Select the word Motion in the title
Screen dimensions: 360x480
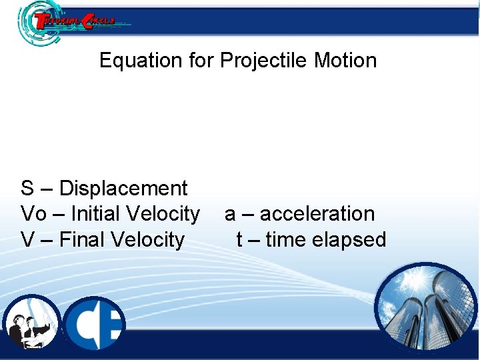pyautogui.click(x=345, y=61)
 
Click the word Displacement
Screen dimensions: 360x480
pyautogui.click(x=123, y=189)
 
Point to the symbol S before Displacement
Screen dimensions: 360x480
pyautogui.click(x=27, y=189)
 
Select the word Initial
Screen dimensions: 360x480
pyautogui.click(x=93, y=214)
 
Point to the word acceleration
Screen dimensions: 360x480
pyautogui.click(x=317, y=214)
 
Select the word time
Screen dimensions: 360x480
pyautogui.click(x=287, y=239)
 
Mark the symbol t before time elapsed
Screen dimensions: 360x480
pyautogui.click(x=239, y=239)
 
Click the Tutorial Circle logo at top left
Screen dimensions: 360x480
pyautogui.click(x=67, y=21)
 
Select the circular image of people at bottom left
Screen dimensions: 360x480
pyautogui.click(x=31, y=323)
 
